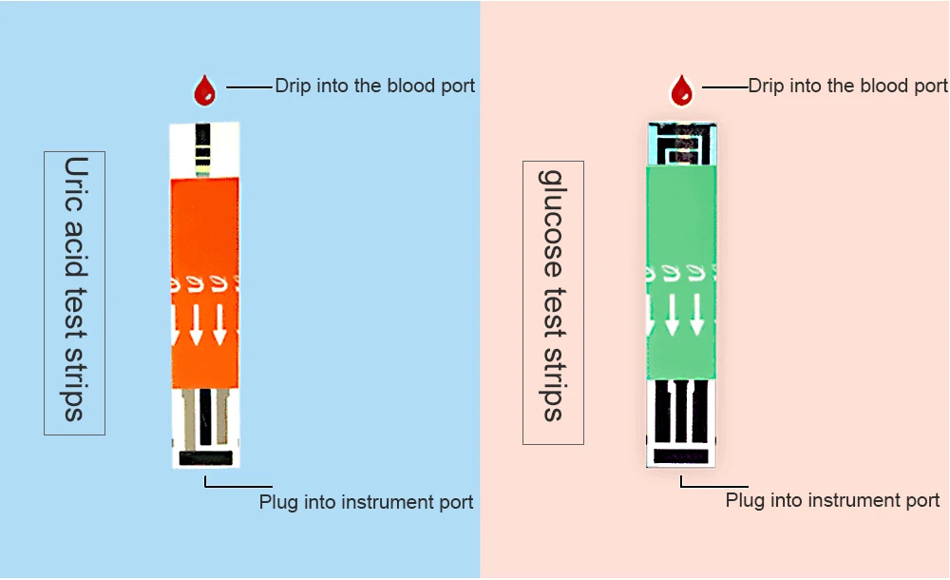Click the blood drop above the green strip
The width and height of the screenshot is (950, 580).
(681, 90)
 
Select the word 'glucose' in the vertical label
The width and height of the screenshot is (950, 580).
(552, 223)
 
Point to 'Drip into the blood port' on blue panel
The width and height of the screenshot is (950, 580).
(375, 86)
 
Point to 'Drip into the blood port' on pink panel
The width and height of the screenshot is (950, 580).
(848, 86)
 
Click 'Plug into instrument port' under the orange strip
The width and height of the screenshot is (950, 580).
(367, 502)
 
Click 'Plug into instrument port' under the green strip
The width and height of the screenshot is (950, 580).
(832, 500)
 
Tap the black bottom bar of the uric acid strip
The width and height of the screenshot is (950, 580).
(206, 458)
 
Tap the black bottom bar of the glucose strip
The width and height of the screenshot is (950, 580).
(681, 456)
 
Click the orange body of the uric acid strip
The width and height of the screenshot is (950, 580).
(205, 283)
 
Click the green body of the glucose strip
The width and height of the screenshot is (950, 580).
(681, 273)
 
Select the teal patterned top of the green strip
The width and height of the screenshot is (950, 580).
(682, 144)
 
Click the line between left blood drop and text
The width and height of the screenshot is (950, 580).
(249, 87)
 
